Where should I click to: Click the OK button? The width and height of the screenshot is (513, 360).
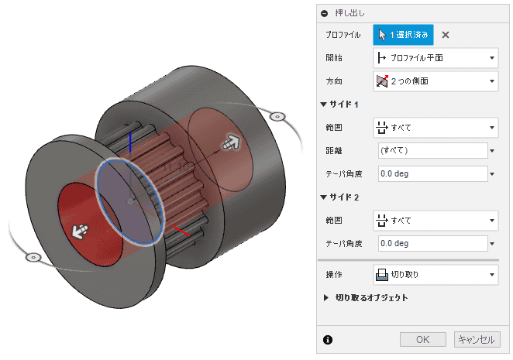coord(422,339)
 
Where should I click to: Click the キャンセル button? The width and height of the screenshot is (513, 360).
coord(477,339)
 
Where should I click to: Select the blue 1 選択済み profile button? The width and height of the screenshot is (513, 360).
coord(403,35)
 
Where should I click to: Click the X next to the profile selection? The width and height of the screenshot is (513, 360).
coord(446,35)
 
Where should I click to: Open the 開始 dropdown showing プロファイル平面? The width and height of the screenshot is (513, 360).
coord(436,58)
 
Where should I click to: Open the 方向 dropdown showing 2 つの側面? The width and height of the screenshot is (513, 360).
coord(436,81)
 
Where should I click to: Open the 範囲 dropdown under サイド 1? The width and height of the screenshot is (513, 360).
coord(436,128)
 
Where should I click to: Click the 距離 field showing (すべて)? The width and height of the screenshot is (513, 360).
coord(433,150)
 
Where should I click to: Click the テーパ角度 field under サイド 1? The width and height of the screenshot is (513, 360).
coord(433,173)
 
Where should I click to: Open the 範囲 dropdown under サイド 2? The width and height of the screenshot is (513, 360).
coord(436,221)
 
